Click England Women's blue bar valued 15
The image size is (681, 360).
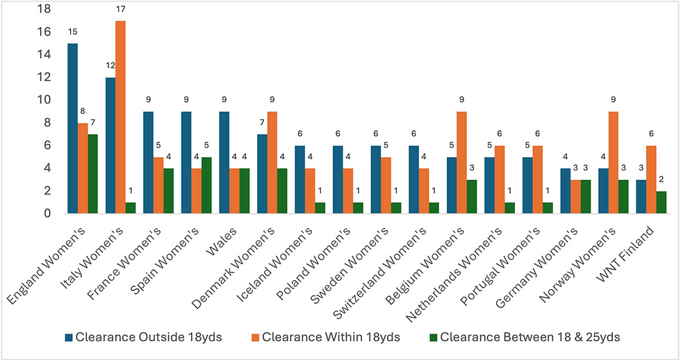(x=72, y=129)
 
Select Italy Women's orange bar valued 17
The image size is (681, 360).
(x=121, y=117)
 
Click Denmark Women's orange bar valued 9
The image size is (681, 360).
(x=272, y=163)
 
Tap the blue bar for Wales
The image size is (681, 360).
(x=224, y=163)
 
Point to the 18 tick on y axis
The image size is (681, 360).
(x=43, y=9)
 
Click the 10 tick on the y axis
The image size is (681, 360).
(x=43, y=100)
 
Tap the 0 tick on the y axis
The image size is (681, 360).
(x=47, y=214)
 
